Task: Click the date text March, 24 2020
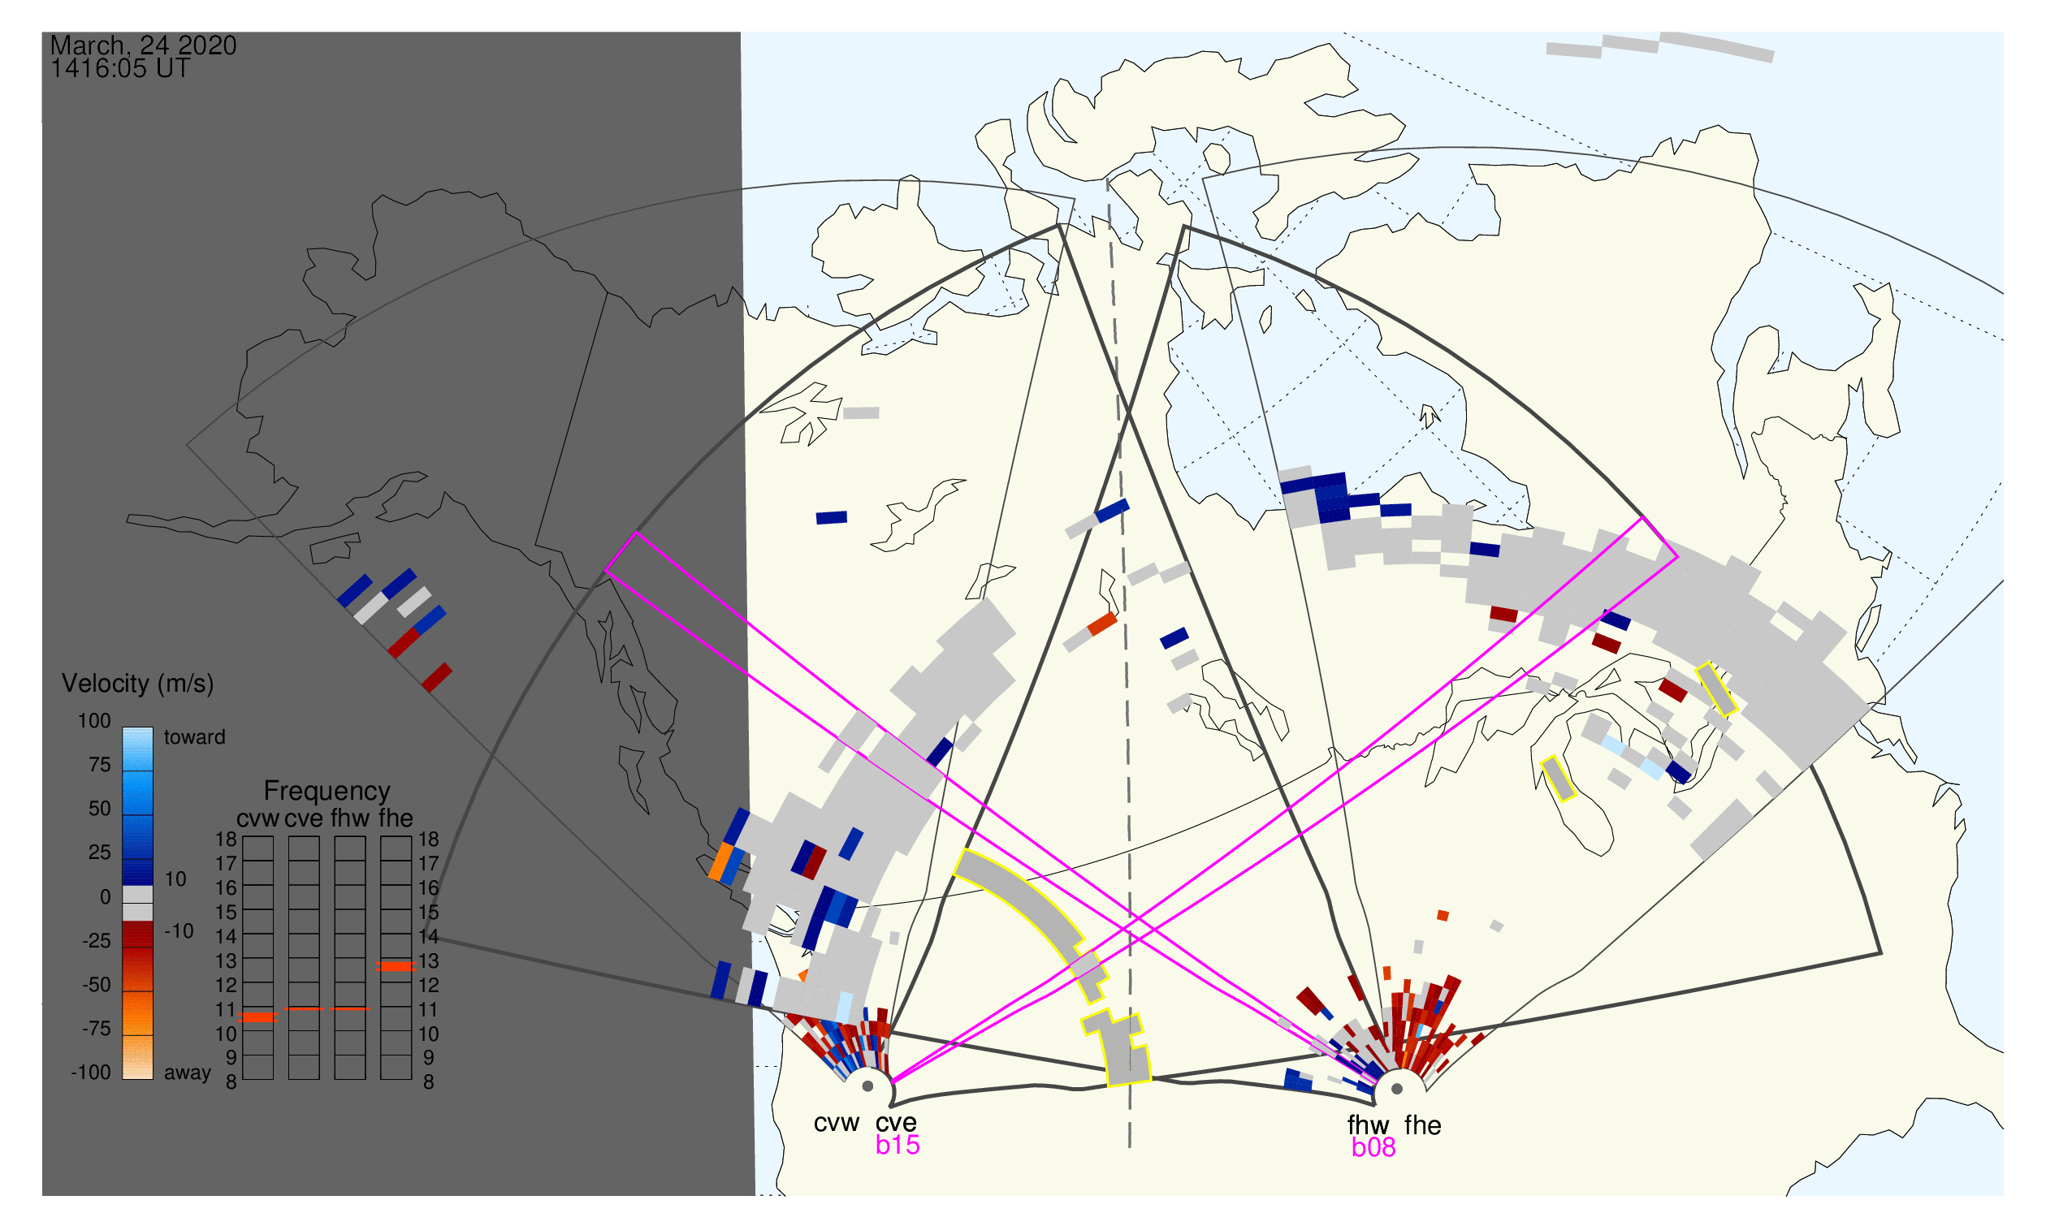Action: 143,45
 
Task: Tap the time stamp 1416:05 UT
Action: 120,69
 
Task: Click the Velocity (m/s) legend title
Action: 138,684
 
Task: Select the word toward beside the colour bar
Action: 195,737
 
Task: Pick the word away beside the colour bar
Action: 188,1073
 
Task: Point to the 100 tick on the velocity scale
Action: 94,721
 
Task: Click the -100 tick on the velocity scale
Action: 91,1073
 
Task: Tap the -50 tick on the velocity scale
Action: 97,985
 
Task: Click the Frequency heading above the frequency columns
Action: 327,792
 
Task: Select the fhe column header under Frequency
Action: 396,819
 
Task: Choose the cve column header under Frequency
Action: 304,819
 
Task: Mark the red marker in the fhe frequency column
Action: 396,967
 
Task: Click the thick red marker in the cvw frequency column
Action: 258,1017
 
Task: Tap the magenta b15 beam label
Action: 898,1146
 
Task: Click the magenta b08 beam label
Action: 1373,1148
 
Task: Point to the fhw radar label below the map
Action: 1368,1125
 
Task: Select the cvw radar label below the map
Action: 836,1124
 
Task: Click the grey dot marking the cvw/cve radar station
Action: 867,1087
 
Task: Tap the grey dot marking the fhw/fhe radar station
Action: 1398,1090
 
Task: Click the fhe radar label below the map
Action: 1423,1125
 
